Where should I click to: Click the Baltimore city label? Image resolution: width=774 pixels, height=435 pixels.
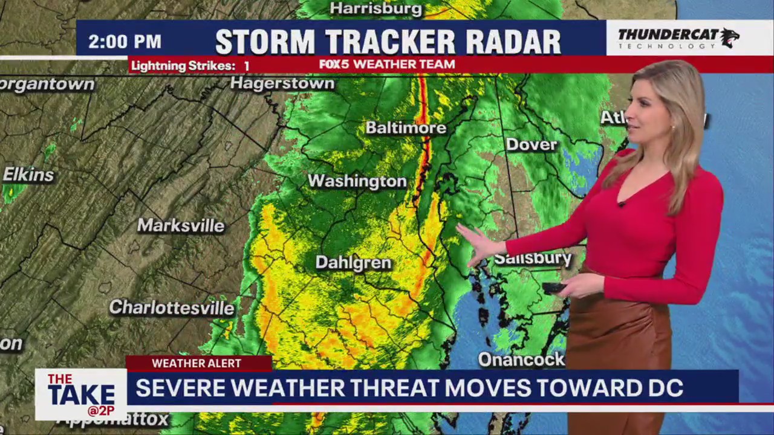pos(406,128)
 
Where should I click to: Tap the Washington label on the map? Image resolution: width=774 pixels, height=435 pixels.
pos(357,181)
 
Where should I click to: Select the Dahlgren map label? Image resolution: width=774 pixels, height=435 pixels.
pos(353,263)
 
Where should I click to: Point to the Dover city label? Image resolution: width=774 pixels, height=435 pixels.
pos(531,144)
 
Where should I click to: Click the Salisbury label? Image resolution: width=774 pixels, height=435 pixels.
pos(532,259)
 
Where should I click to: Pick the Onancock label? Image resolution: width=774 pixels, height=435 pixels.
pos(521,360)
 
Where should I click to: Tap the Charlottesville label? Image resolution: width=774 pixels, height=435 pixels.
pos(172,308)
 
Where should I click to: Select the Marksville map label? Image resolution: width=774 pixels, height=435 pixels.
pos(181,226)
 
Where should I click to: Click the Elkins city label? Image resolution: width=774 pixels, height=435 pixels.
pos(28,175)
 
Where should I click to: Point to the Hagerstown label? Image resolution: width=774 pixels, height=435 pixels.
pos(282,83)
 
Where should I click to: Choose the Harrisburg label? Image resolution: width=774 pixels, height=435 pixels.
pos(376,8)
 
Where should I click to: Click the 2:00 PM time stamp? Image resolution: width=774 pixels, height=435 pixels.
pos(125,42)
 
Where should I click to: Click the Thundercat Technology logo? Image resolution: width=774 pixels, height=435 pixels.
pos(677,38)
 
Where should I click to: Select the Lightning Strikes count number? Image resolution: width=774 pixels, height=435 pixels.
pos(247,66)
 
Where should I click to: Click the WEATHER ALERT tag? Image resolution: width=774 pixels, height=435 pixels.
pos(197,363)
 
